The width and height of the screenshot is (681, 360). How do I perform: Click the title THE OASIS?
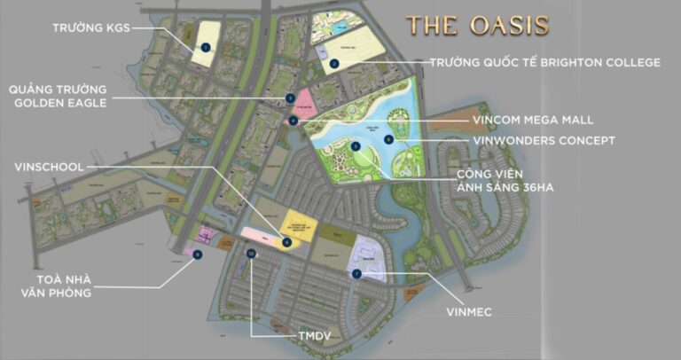478,25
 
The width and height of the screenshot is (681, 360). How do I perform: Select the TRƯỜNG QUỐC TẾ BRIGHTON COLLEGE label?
544,62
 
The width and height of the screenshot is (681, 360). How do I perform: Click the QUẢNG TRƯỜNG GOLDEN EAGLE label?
58,96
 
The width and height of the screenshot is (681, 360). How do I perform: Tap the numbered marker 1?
205,46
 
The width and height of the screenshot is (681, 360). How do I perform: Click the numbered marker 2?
333,63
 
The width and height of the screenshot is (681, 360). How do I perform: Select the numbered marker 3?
290,98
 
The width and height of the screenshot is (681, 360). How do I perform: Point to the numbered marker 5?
355,145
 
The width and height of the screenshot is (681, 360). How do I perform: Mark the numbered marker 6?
388,139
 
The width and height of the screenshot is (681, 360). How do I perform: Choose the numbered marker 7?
355,274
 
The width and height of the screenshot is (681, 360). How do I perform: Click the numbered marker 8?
286,241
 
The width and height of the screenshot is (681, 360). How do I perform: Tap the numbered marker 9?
197,254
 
